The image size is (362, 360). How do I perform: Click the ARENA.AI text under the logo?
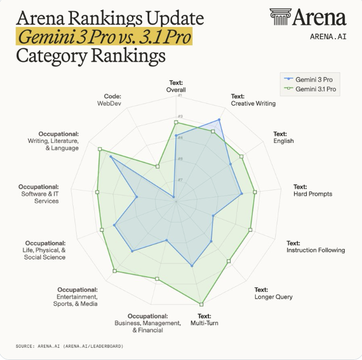pyautogui.click(x=328, y=37)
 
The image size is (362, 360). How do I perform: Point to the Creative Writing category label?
pyautogui.click(x=253, y=103)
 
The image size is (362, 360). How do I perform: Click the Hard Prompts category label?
pyautogui.click(x=313, y=194)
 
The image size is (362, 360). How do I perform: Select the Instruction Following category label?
pyautogui.click(x=315, y=250)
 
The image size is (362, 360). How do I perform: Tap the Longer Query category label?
pyautogui.click(x=273, y=297)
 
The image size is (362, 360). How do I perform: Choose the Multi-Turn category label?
pyautogui.click(x=204, y=323)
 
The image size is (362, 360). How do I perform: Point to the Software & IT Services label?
pyautogui.click(x=39, y=194)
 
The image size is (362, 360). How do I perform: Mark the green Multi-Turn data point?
pyautogui.click(x=201, y=304)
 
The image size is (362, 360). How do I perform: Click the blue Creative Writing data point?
pyautogui.click(x=219, y=120)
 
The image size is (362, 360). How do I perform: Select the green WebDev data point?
pyautogui.click(x=157, y=166)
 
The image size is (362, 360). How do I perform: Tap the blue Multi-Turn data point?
pyautogui.click(x=192, y=265)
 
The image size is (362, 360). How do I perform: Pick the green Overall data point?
pyautogui.click(x=176, y=122)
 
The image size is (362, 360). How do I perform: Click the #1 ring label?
pyautogui.click(x=180, y=95)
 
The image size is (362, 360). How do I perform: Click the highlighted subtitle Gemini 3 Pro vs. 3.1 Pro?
pyautogui.click(x=104, y=38)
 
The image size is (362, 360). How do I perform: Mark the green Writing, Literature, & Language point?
pyautogui.click(x=99, y=149)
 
